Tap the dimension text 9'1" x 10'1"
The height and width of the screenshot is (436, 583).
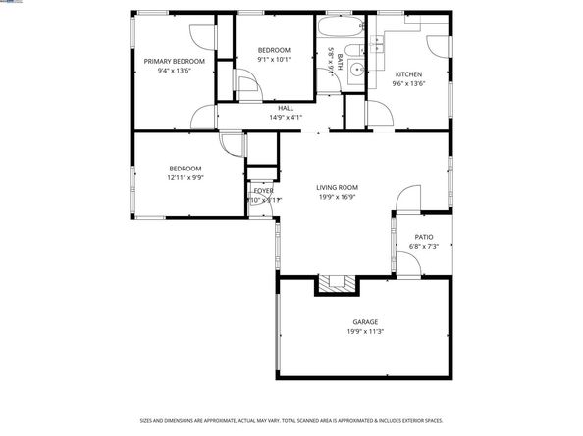coord(274,59)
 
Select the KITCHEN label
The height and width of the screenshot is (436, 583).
coord(408,74)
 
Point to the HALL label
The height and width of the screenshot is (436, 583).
coord(286,108)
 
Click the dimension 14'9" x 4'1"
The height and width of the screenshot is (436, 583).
coord(286,117)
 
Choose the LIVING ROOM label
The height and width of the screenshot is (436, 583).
coord(337,187)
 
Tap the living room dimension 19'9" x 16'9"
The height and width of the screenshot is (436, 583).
coord(337,197)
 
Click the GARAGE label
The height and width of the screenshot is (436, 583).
coord(365,322)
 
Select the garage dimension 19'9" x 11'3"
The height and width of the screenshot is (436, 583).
coord(365,332)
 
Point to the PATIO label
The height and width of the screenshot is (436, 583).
coord(423,236)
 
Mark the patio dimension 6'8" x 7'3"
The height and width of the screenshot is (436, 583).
coord(423,246)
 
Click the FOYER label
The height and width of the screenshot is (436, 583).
coord(264,190)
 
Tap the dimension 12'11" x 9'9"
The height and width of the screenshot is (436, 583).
coord(185,177)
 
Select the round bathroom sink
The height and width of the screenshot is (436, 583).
coord(357,69)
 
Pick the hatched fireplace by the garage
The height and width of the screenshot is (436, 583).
coord(337,284)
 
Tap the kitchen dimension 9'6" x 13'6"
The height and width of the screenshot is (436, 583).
coord(408,84)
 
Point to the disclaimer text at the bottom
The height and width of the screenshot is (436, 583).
coord(291,421)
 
